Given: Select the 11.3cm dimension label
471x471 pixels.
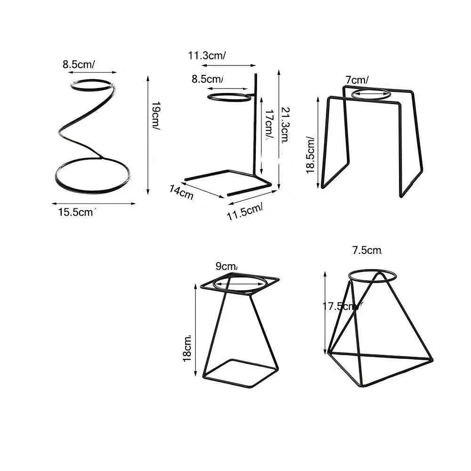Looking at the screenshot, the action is pyautogui.click(x=207, y=56).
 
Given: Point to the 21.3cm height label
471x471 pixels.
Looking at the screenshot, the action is pyautogui.click(x=285, y=125).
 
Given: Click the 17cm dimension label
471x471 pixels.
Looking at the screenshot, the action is pyautogui.click(x=269, y=124).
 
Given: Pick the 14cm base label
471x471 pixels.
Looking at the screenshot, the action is pyautogui.click(x=181, y=192).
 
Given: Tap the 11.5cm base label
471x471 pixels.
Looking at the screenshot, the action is pyautogui.click(x=245, y=211).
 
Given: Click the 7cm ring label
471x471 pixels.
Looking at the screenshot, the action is pyautogui.click(x=357, y=80).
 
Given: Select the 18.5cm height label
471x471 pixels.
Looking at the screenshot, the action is pyautogui.click(x=310, y=155).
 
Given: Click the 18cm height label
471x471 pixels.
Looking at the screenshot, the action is pyautogui.click(x=187, y=349).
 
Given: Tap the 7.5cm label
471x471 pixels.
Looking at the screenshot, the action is pyautogui.click(x=367, y=250).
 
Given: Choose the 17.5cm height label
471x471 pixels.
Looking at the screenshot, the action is pyautogui.click(x=342, y=307).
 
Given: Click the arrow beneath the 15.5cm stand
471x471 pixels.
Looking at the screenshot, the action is pyautogui.click(x=94, y=203).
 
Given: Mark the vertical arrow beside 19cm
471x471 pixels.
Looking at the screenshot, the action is pyautogui.click(x=148, y=135).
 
